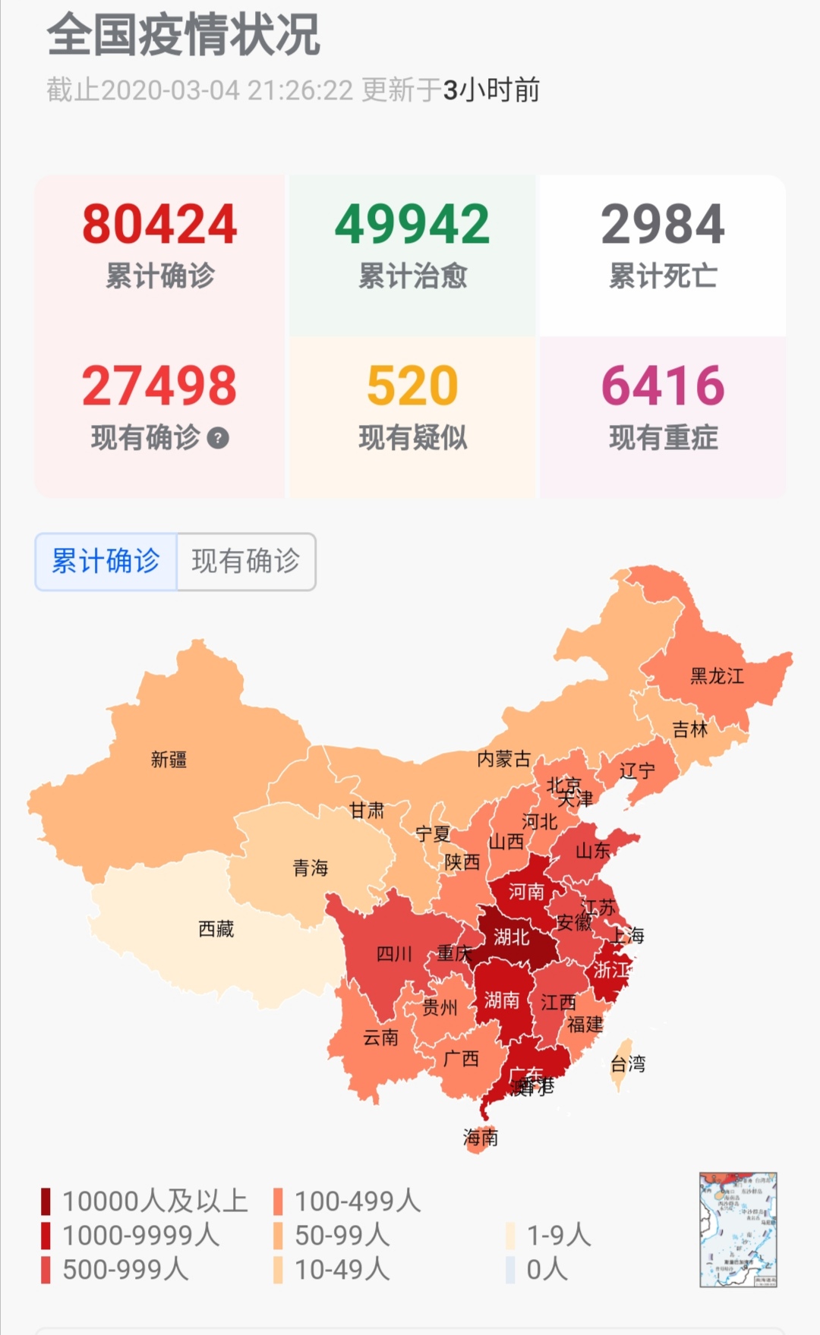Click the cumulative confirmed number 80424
tap(159, 225)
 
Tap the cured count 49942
tap(412, 225)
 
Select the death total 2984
tap(663, 225)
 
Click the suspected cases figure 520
tap(412, 386)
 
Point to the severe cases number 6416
tap(663, 386)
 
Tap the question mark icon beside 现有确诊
tap(218, 438)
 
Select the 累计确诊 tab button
tap(106, 562)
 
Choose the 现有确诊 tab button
tap(246, 562)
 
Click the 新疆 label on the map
tap(169, 759)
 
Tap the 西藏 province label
tap(216, 928)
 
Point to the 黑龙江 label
tap(717, 675)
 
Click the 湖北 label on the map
tap(512, 937)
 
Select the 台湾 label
tap(628, 1063)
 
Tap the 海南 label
tap(481, 1137)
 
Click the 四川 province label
tap(394, 954)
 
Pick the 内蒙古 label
tap(503, 758)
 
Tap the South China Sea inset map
tap(738, 1230)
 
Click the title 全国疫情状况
tap(184, 35)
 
